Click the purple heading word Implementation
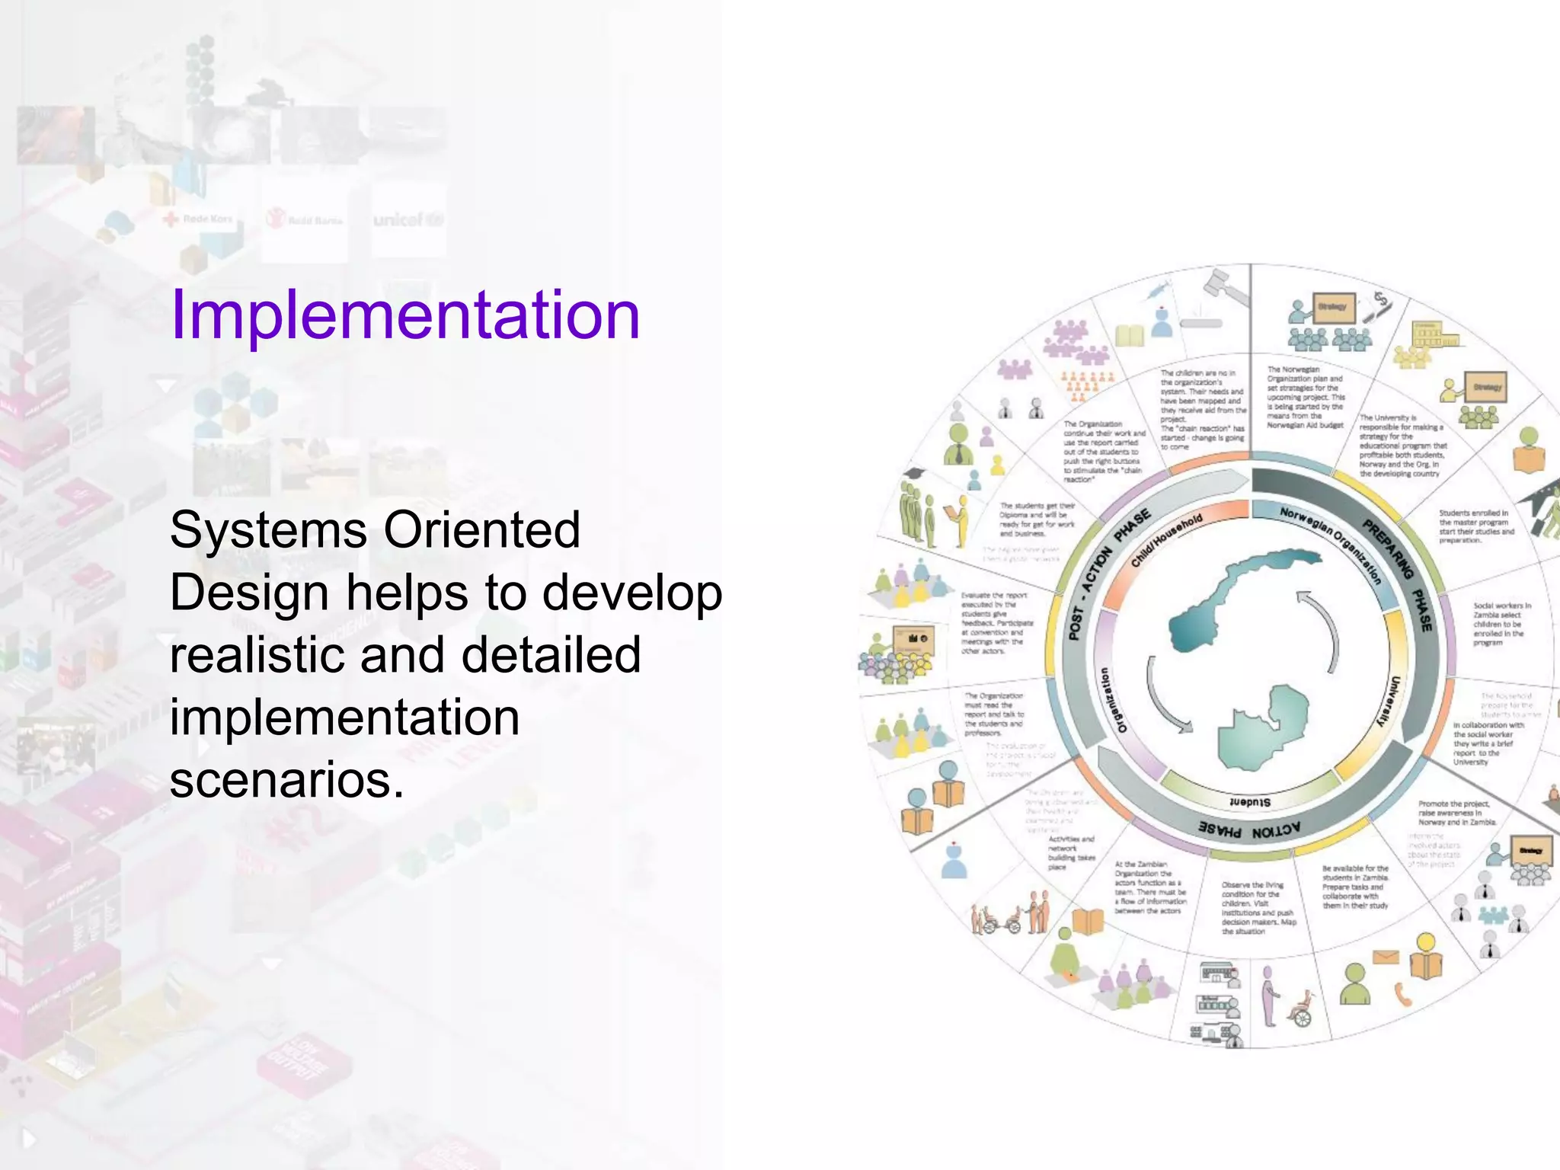tap(405, 315)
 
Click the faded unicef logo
tap(408, 220)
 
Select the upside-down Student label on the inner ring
tap(1249, 802)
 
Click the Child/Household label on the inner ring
tap(1166, 540)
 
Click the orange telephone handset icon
tap(1402, 995)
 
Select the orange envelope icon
tap(1386, 957)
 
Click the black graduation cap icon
tap(913, 474)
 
